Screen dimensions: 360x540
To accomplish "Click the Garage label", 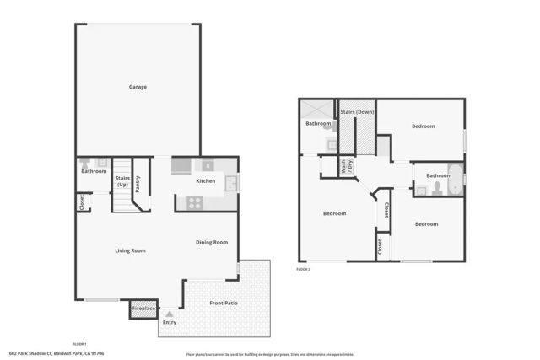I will point(138,87).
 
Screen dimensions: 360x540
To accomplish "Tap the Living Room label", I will point(131,250).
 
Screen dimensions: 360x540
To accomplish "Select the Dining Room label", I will point(212,243).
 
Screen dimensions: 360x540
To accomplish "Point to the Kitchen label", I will point(206,181).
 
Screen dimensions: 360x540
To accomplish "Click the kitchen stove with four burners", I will point(193,202).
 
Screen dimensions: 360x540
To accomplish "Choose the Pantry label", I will point(138,183).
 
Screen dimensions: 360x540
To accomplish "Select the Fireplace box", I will point(143,309).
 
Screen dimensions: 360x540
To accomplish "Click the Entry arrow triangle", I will point(169,314).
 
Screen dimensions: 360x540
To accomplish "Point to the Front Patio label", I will point(224,302).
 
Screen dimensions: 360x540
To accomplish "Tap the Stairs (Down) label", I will point(357,112).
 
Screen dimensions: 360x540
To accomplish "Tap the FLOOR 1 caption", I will point(80,344).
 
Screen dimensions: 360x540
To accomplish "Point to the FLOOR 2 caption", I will point(304,269).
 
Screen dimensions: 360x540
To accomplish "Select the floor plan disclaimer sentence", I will point(269,355).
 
